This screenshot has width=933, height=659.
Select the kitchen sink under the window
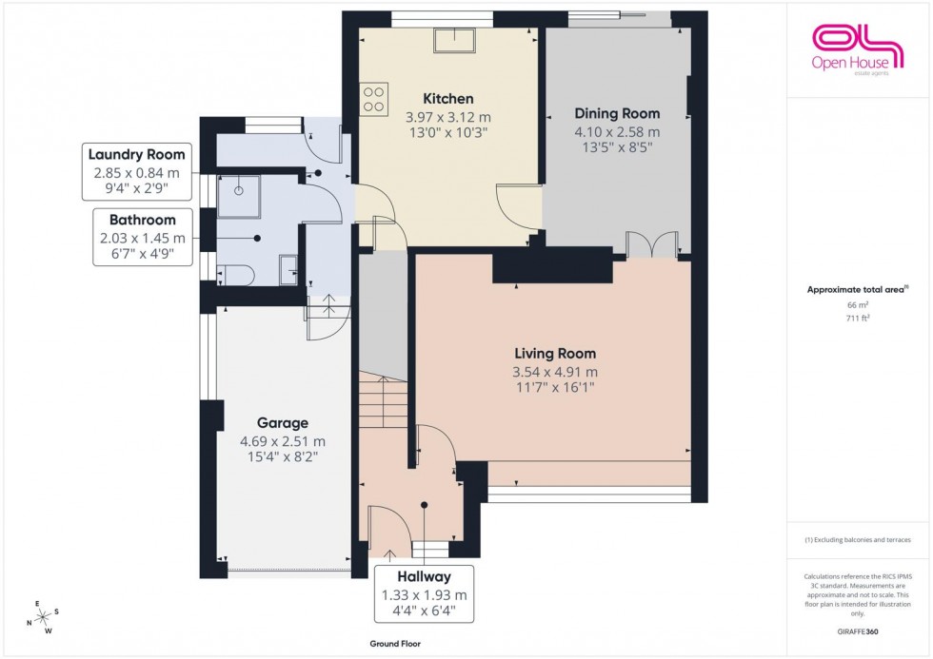pyautogui.click(x=455, y=40)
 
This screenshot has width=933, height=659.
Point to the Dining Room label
pyautogui.click(x=616, y=114)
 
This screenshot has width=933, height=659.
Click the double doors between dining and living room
pyautogui.click(x=652, y=243)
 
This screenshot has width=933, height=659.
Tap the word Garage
pyautogui.click(x=282, y=423)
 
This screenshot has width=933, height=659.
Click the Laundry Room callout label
pyautogui.click(x=137, y=155)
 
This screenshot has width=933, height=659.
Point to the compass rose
pyautogui.click(x=42, y=615)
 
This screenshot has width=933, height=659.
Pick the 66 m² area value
pyautogui.click(x=858, y=304)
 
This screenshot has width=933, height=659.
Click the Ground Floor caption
pyautogui.click(x=395, y=644)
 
